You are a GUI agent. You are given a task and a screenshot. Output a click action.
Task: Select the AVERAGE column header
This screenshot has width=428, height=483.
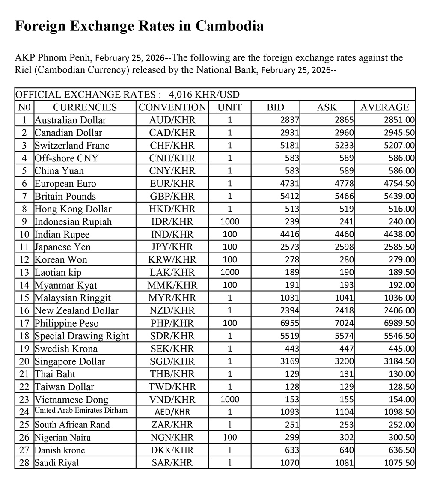384,107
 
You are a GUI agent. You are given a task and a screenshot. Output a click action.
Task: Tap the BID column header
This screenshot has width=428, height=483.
275,107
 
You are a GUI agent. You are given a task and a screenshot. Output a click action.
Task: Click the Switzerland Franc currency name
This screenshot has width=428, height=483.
72,146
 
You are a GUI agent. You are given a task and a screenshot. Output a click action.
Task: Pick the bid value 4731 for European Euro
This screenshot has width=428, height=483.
290,184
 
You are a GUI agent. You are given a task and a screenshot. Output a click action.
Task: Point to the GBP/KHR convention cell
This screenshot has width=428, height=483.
172,197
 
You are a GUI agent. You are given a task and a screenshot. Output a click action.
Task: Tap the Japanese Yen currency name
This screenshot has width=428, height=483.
62,247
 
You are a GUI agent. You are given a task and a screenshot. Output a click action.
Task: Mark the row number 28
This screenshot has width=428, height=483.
24,463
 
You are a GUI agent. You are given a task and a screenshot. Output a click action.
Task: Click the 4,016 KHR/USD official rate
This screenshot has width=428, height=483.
204,95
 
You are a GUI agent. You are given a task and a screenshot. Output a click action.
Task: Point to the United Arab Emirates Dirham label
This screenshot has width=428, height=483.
81,411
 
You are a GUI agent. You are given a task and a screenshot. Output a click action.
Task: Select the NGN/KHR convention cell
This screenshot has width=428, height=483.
172,438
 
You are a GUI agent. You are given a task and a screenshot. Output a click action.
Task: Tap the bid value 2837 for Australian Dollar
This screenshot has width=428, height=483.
290,120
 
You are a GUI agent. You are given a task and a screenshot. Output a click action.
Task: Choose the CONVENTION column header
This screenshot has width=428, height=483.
172,107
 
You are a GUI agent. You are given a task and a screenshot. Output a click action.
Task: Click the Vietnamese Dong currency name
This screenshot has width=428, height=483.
71,400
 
